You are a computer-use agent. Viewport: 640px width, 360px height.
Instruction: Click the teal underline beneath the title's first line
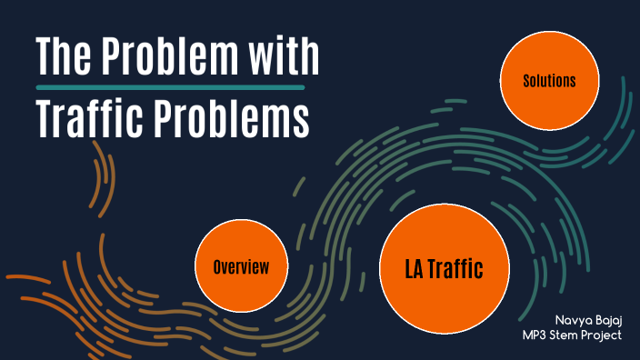(x=169, y=87)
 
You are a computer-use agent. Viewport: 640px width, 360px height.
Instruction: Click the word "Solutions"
(x=549, y=81)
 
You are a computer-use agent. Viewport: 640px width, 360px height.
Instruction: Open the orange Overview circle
(x=241, y=267)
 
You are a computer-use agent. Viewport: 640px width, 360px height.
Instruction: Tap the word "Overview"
(x=241, y=267)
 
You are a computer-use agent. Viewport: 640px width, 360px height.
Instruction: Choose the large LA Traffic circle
(x=443, y=268)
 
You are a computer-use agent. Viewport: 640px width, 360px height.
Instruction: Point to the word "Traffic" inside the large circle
(x=456, y=268)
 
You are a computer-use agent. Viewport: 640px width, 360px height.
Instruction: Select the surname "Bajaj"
(x=608, y=321)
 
